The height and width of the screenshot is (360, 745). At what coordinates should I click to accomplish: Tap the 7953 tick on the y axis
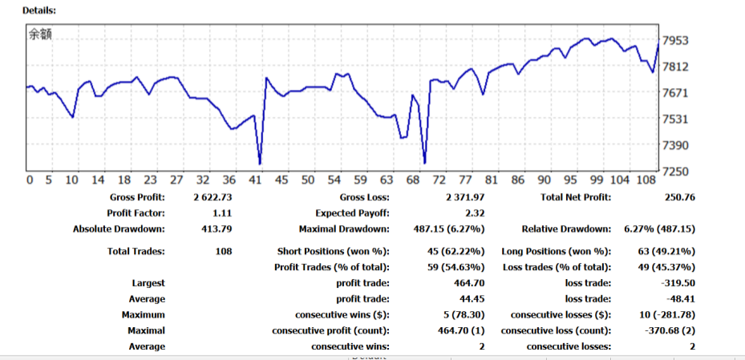pos(675,41)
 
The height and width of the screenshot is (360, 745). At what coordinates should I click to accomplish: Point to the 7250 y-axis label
pos(675,171)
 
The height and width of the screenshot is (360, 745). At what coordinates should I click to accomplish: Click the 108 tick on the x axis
pos(647,180)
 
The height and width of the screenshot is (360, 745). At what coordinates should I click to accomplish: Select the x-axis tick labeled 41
pos(256,180)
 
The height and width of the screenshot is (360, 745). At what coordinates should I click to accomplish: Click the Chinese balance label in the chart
pos(40,34)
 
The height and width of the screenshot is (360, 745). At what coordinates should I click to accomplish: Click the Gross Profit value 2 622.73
pos(213,197)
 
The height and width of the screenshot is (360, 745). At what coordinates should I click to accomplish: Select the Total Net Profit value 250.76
pos(680,197)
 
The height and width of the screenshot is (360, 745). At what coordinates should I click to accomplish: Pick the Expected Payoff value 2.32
pos(475,213)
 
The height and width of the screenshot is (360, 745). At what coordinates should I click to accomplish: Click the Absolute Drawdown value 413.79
pos(217,229)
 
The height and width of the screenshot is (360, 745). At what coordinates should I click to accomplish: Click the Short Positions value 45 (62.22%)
pos(456,252)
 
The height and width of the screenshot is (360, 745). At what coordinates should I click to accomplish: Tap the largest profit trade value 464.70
pos(469,283)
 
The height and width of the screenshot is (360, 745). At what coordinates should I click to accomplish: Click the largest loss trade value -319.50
pos(675,283)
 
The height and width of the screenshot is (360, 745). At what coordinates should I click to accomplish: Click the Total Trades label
pos(136,252)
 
